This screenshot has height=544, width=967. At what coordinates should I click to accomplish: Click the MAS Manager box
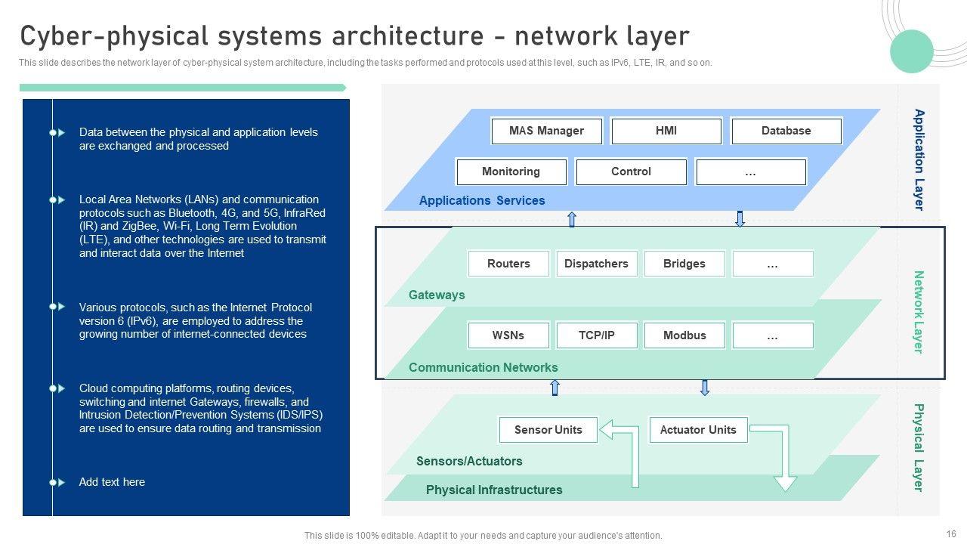(x=546, y=131)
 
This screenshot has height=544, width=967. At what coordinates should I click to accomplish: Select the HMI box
(x=666, y=131)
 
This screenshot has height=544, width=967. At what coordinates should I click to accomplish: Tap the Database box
(x=786, y=131)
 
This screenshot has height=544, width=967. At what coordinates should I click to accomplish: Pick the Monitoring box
(x=511, y=172)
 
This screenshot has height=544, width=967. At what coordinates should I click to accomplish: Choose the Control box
(x=631, y=172)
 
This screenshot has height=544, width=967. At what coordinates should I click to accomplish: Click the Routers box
(x=508, y=264)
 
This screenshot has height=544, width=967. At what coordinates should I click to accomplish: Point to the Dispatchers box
(x=596, y=264)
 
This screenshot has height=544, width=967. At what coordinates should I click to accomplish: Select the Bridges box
(x=684, y=264)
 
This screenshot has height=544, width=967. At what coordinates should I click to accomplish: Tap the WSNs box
(x=508, y=335)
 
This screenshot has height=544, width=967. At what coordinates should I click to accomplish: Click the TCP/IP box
(x=597, y=335)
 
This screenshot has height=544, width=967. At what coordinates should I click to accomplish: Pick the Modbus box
(x=684, y=335)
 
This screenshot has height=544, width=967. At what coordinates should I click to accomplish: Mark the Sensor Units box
(x=548, y=430)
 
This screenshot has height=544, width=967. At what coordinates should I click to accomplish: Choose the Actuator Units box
(x=698, y=430)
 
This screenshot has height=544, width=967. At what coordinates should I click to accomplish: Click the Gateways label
(x=437, y=295)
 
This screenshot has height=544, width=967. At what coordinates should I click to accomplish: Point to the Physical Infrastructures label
(x=494, y=490)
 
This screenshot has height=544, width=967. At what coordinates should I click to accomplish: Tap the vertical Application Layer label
(x=919, y=159)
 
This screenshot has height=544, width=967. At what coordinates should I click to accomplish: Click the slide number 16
(x=951, y=534)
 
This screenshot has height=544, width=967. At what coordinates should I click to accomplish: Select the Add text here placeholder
(x=112, y=482)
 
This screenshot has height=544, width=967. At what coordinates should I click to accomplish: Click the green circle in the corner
(x=912, y=51)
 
